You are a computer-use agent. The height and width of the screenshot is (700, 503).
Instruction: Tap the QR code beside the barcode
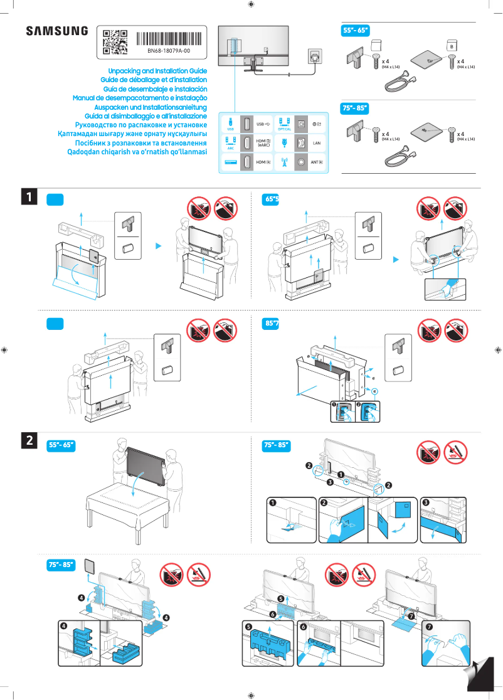115,40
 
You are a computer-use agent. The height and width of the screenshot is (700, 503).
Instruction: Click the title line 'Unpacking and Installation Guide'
157,72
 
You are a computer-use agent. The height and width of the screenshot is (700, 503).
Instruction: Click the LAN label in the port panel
316,143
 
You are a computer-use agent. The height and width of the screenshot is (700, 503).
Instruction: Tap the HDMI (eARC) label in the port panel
263,143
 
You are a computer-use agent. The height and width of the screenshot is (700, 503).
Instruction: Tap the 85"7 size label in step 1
272,324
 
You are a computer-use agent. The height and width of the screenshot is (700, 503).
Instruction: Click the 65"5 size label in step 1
272,199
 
